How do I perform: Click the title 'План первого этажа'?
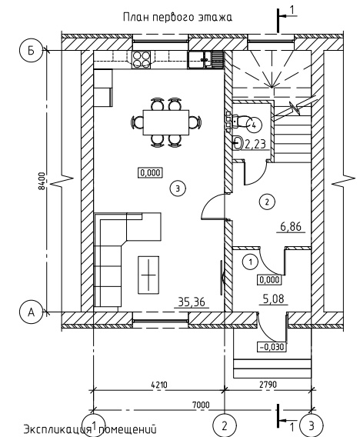[x=178, y=17]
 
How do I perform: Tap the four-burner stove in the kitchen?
[x=142, y=59]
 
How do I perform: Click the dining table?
[x=166, y=122]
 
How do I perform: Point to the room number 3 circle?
[x=178, y=188]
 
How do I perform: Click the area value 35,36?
[x=191, y=302]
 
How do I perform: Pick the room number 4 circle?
[x=254, y=125]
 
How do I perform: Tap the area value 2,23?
[x=255, y=144]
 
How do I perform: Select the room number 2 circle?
[x=267, y=202]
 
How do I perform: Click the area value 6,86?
[x=291, y=227]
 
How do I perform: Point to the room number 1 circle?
[x=250, y=262]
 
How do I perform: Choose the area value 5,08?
[x=273, y=299]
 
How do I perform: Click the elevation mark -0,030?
[x=272, y=347]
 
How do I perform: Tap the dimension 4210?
[x=159, y=385]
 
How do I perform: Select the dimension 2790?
[x=268, y=385]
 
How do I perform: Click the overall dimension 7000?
[x=201, y=405]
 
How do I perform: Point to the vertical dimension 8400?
[x=42, y=181]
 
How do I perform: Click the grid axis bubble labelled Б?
[x=32, y=51]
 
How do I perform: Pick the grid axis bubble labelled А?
[x=32, y=312]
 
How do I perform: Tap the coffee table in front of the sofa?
[x=148, y=275]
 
